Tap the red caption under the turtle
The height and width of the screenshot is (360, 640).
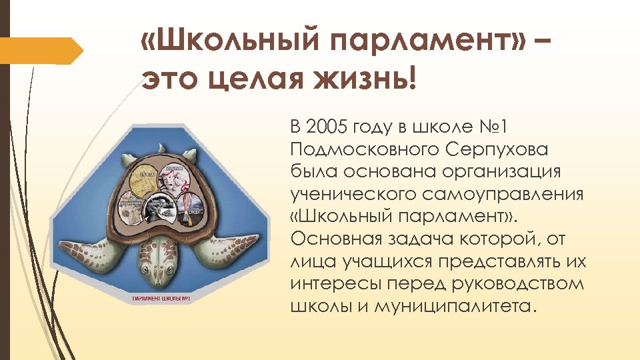(161, 298)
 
